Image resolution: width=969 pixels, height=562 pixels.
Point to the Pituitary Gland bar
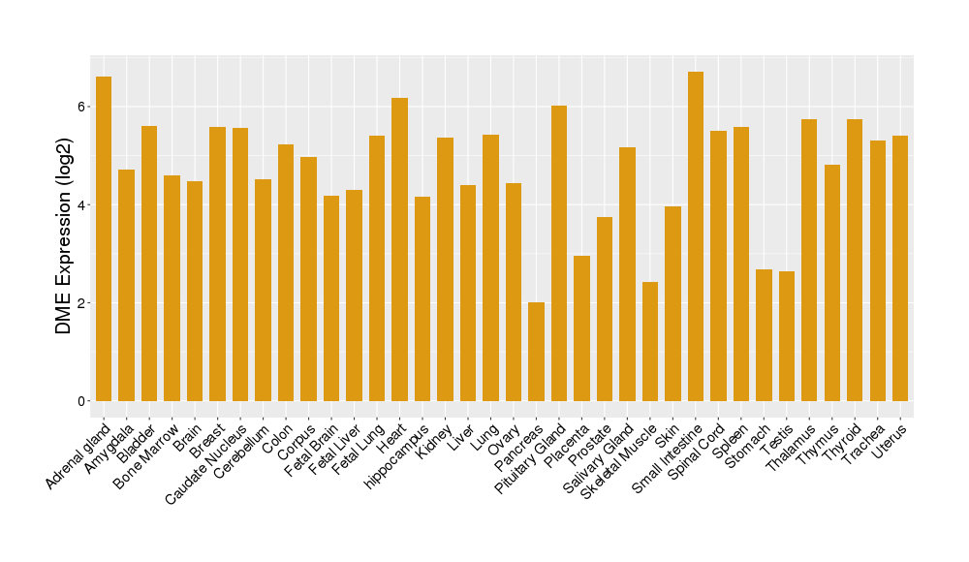click(x=559, y=253)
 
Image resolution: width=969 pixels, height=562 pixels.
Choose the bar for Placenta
click(x=581, y=328)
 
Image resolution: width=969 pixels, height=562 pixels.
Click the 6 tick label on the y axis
click(x=84, y=107)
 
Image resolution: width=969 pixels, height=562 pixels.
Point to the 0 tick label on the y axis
click(x=84, y=401)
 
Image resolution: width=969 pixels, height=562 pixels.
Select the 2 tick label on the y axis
click(x=84, y=303)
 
